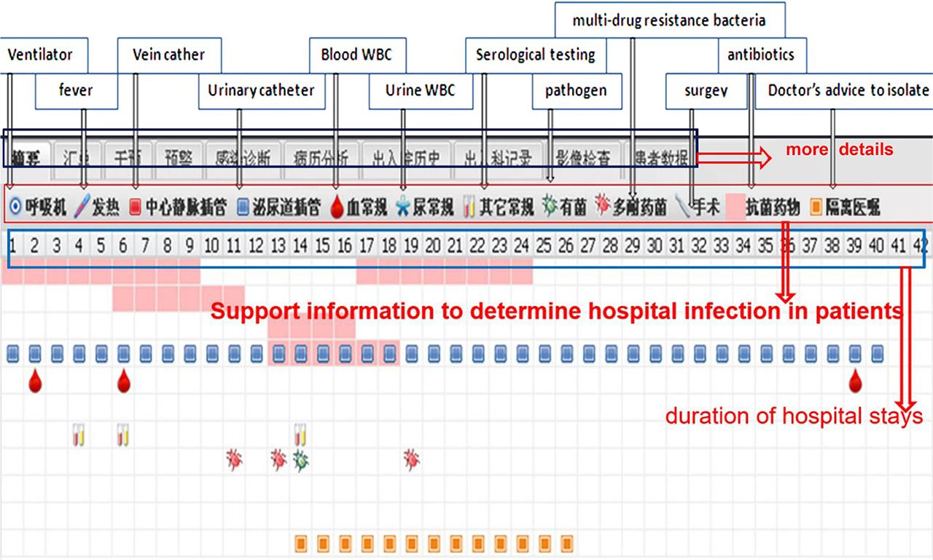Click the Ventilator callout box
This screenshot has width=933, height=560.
pos(41,55)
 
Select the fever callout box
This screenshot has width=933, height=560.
pos(77,91)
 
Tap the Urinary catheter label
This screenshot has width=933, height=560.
pos(261,91)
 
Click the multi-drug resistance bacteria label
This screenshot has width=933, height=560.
pos(668,20)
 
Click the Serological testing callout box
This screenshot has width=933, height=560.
pos(536,55)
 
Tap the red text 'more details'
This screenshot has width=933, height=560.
pos(839,150)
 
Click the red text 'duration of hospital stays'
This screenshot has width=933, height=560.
pos(794,417)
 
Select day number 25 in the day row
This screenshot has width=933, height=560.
pos(543,245)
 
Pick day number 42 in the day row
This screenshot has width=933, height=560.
pos(920,245)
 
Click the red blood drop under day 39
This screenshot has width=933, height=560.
pos(855,381)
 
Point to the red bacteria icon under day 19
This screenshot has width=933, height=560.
pos(412,460)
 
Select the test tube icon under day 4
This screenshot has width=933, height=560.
pos(79,435)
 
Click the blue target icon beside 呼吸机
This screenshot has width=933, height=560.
pos(15,208)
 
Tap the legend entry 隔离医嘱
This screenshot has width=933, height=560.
pos(845,208)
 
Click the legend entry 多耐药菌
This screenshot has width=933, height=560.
pos(631,208)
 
